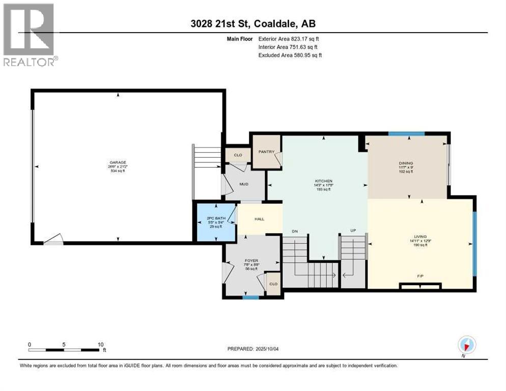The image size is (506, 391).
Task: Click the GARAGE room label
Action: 117,162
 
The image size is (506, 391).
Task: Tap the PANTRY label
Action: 266,151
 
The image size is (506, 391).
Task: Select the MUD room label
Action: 244,184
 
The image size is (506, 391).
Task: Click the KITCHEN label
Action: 323,181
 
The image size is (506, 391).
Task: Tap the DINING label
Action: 406,163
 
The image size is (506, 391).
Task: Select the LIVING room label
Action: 420,236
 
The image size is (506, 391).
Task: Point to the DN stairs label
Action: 294,231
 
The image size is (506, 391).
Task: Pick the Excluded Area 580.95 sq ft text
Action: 290,55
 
